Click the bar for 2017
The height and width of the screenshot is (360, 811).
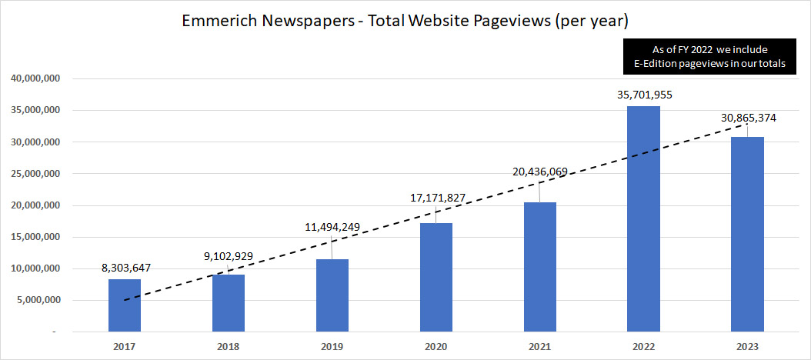(x=125, y=305)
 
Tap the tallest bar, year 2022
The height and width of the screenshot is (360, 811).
(x=643, y=218)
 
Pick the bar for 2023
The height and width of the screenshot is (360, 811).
(x=747, y=234)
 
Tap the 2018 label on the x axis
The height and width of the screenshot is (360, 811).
(x=228, y=347)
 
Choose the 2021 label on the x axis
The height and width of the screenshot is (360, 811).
(x=539, y=347)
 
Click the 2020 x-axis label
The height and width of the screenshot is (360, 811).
(x=436, y=347)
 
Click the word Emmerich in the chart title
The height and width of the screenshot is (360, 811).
(x=217, y=22)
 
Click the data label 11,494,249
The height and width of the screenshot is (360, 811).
(x=332, y=228)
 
